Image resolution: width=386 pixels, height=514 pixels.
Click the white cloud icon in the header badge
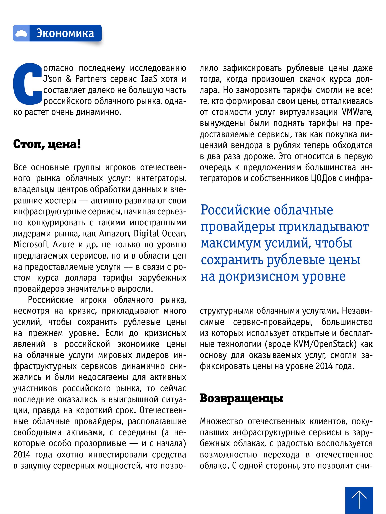pos(21,33)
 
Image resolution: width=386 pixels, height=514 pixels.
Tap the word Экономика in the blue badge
pos(65,33)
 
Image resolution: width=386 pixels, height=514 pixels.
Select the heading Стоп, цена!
pos(47,144)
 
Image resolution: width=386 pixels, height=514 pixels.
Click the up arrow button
pos(359,499)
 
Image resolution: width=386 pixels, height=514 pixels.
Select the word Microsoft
pos(31,245)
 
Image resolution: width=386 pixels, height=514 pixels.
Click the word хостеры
pos(61,201)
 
